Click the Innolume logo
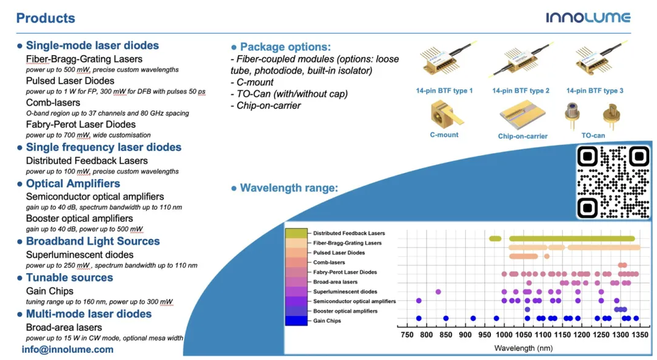coord(588,18)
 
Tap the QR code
coord(613,182)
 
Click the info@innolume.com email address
coord(67,350)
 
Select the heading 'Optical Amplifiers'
coord(73,183)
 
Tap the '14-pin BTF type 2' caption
coord(520,90)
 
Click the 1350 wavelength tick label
coord(640,334)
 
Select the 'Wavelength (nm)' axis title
coord(523,348)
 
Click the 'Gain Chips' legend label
coord(327,321)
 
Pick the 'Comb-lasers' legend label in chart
coord(329,262)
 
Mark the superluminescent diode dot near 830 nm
coord(438,292)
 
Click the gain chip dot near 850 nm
coord(446,318)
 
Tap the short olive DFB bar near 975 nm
coord(495,238)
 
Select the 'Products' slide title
coord(46,18)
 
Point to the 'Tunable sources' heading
coord(70,277)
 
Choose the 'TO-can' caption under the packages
coord(593,135)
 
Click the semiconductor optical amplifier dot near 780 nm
coord(419,301)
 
